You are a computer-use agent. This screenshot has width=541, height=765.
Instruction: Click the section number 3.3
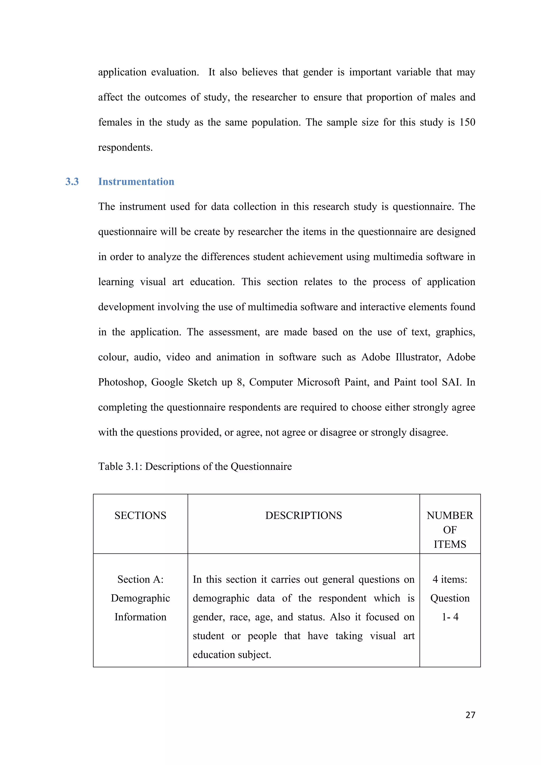point(72,181)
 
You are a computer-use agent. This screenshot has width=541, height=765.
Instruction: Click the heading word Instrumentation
point(136,181)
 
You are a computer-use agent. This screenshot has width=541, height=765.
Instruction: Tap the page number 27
point(470,715)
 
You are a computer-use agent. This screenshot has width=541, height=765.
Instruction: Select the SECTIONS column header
point(140,515)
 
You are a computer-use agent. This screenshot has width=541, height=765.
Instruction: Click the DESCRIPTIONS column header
point(304,515)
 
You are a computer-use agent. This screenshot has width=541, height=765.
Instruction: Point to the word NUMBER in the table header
point(450,515)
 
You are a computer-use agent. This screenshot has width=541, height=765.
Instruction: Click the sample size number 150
point(467,122)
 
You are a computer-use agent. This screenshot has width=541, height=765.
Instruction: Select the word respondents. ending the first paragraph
point(125,147)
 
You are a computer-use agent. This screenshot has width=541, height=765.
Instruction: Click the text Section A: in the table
point(140,579)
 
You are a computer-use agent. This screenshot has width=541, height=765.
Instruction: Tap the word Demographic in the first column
point(140,598)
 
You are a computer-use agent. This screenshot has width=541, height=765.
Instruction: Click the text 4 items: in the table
point(450,579)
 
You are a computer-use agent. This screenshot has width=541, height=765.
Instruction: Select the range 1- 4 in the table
point(450,617)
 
